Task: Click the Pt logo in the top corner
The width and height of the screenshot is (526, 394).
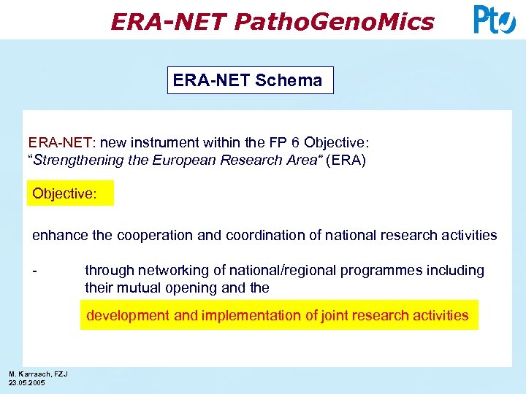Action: [x=495, y=20]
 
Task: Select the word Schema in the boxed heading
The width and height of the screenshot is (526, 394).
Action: [x=289, y=80]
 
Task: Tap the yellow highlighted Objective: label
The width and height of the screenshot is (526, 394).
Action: [x=71, y=195]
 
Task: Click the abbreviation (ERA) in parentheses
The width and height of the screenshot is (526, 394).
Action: [x=346, y=160]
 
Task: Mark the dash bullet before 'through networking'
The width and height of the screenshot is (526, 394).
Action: [x=34, y=271]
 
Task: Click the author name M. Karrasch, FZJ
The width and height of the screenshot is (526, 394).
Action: [x=38, y=374]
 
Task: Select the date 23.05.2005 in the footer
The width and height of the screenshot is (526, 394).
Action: [x=27, y=382]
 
